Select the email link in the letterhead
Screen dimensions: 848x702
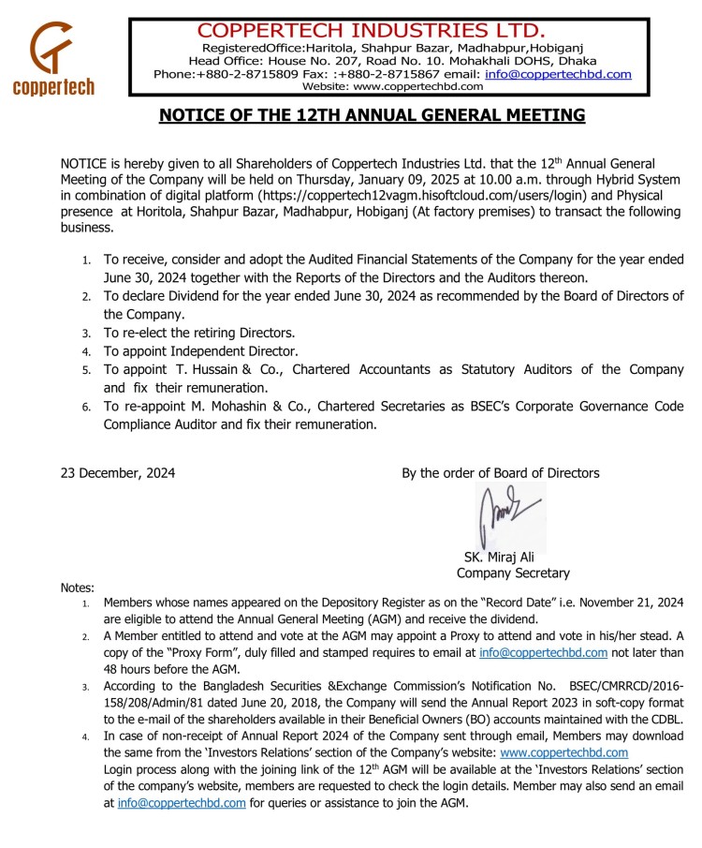[x=558, y=73]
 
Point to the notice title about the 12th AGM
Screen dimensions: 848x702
[x=372, y=115]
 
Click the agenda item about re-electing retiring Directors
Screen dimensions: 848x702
[x=199, y=333]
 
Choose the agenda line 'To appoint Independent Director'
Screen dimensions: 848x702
[x=197, y=351]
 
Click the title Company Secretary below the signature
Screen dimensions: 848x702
[x=512, y=573]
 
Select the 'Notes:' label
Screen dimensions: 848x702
[x=78, y=588]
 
